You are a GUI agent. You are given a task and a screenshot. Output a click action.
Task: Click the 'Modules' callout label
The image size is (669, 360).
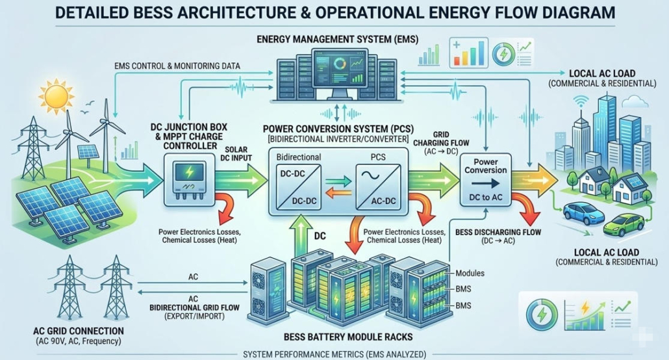(x=470, y=274)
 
